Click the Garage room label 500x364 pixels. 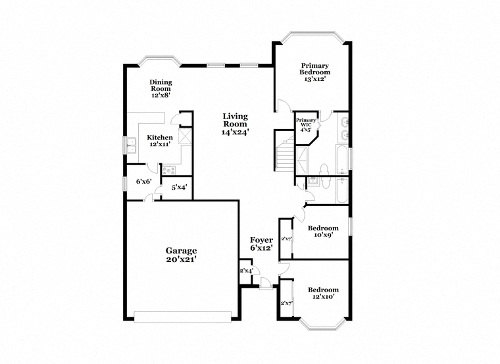pyautogui.click(x=181, y=255)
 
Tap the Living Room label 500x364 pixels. pyautogui.click(x=235, y=124)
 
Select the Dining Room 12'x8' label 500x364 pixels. pyautogui.click(x=161, y=88)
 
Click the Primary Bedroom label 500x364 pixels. pyautogui.click(x=314, y=72)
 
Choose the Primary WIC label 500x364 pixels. pyautogui.click(x=306, y=125)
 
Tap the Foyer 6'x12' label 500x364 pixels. pyautogui.click(x=261, y=244)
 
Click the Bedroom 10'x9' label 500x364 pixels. pyautogui.click(x=323, y=232)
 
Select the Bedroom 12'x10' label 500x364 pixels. pyautogui.click(x=323, y=293)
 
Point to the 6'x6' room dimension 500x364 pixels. pyautogui.click(x=143, y=182)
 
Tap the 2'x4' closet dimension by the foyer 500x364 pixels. pyautogui.click(x=246, y=271)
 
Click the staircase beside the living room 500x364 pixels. pyautogui.click(x=285, y=154)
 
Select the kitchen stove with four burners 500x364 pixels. pyautogui.click(x=168, y=170)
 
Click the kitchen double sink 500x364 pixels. pyautogui.click(x=131, y=145)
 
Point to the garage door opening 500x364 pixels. pyautogui.click(x=183, y=317)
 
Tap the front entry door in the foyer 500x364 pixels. pyautogui.click(x=266, y=284)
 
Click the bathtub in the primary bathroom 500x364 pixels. pyautogui.click(x=342, y=159)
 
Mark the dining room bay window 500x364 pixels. pyautogui.click(x=159, y=61)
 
